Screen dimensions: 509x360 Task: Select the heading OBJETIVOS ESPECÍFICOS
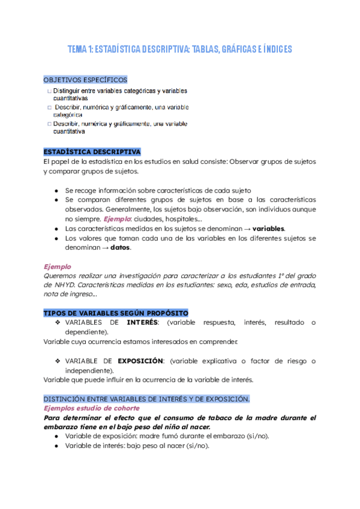click(85, 80)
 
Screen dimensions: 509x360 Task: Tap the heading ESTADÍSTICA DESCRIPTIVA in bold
click(92, 152)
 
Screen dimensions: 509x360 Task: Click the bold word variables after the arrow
click(268, 229)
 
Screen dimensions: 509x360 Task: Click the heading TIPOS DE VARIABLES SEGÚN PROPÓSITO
click(116, 313)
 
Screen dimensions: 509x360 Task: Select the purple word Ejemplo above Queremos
click(57, 266)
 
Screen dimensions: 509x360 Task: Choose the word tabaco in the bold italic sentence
click(213, 417)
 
